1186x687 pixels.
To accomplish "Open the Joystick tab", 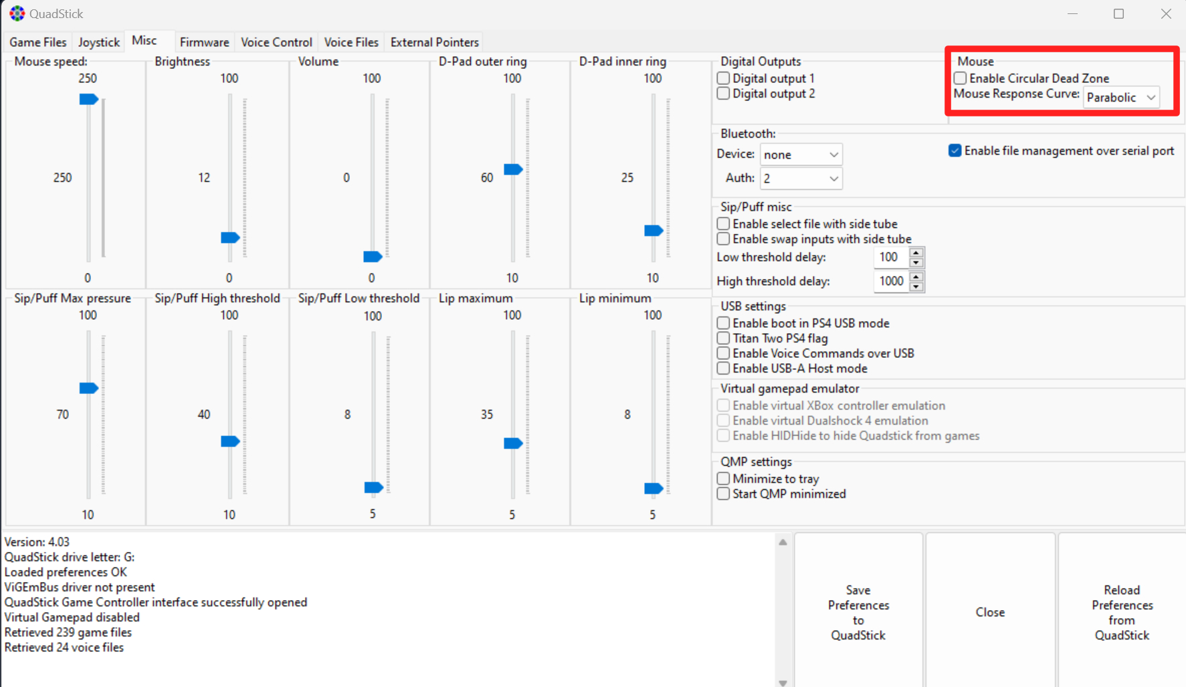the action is click(98, 42).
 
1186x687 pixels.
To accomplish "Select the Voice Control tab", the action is click(276, 42).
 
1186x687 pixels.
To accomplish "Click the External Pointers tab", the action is click(435, 42).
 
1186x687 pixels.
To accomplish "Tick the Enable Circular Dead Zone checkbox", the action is click(961, 78).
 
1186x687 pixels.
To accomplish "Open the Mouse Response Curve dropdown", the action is click(1121, 97).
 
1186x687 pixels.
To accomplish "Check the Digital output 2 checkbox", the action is click(723, 94).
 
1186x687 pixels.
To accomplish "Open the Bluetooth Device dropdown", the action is click(801, 155).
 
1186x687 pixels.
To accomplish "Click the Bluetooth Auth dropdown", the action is click(801, 179).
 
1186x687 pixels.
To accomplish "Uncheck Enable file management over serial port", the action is click(955, 151).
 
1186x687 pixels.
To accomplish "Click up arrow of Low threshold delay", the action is click(916, 253).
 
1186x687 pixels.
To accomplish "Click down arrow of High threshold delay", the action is click(916, 286).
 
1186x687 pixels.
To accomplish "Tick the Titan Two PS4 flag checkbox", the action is click(723, 338).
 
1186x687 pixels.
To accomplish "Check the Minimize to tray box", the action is click(723, 479).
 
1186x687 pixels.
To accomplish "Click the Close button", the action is click(990, 612).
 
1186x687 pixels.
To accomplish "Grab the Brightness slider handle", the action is click(230, 237).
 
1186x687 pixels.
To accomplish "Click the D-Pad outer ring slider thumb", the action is click(513, 169).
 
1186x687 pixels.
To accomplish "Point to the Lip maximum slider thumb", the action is click(513, 443).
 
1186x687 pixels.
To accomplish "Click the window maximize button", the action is click(1118, 14).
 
